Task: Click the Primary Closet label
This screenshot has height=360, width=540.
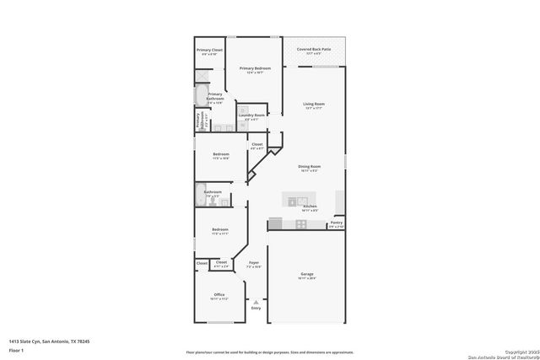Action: [209, 51]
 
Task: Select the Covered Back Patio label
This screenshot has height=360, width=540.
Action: [313, 50]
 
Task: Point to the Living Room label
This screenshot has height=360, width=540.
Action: [314, 105]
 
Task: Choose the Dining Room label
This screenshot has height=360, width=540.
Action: [309, 166]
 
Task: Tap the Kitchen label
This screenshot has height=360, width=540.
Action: [310, 207]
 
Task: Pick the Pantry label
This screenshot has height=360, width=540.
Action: [336, 223]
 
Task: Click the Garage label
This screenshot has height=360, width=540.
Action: [307, 274]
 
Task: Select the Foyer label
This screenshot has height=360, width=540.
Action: [253, 264]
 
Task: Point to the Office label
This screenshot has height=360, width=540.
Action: [219, 295]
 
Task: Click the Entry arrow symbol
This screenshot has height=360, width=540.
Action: [256, 301]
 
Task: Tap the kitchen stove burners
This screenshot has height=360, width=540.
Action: [301, 223]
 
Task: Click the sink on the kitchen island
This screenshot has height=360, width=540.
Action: [292, 201]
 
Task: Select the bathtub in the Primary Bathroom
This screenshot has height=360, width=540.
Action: [200, 100]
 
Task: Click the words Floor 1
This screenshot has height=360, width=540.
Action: [16, 349]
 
